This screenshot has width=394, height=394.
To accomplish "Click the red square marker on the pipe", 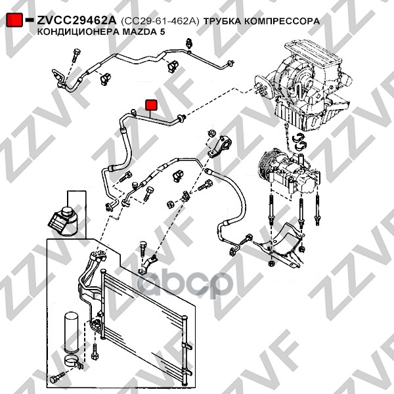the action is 150,104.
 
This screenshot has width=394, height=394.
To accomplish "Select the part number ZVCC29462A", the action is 77,20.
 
